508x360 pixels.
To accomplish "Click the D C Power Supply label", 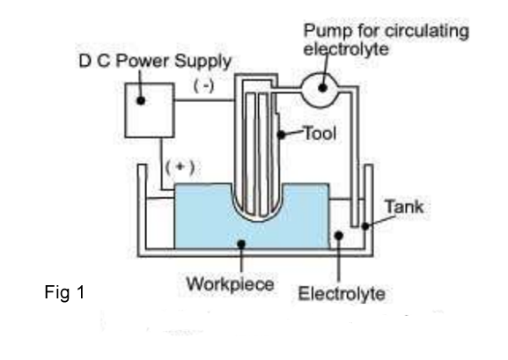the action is pos(155,61).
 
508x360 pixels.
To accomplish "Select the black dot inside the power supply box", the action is pos(141,100).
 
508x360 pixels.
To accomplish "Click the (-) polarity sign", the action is pos(203,86).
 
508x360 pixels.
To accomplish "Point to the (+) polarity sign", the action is pos(180,167).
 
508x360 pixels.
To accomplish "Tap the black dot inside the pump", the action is pos(322,87).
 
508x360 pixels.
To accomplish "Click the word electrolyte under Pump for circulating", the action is pos(346,49).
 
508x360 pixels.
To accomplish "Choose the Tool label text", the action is pos(320,134).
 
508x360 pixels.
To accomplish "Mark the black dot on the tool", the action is pos(282,134).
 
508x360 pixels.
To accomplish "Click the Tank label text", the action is pos(404,207).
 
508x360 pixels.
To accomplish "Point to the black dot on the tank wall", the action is pos(365,226).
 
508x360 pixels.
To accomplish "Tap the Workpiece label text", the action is pos(231,283).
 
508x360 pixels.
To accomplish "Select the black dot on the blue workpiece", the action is pos(241,244).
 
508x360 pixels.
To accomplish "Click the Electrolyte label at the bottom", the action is pos(342,294).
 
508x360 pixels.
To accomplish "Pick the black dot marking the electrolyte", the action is pos(339,235).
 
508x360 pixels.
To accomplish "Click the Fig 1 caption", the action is pos(65,292).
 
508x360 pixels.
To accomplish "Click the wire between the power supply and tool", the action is pos(204,100).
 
